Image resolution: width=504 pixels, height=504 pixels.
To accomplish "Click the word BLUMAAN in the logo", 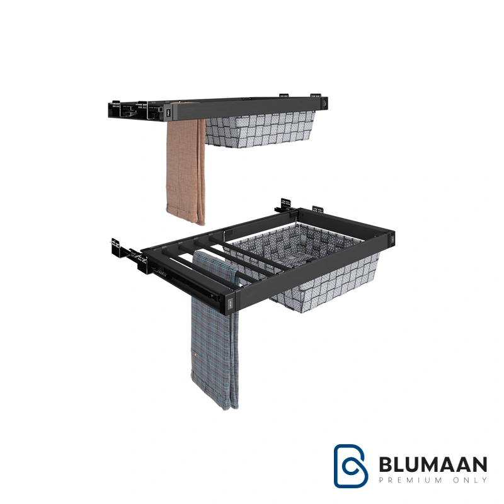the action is click(x=433, y=464).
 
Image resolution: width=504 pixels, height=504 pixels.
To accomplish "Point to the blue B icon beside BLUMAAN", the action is click(x=351, y=466).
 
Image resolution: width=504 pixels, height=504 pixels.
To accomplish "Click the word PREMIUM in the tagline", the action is click(x=411, y=480).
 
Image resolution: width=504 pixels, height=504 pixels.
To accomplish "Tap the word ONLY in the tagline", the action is click(x=471, y=480).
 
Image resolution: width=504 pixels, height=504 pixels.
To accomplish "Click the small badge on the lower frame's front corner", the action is click(x=230, y=303).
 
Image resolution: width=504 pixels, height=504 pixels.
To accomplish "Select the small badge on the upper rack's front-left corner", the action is click(x=167, y=113).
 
